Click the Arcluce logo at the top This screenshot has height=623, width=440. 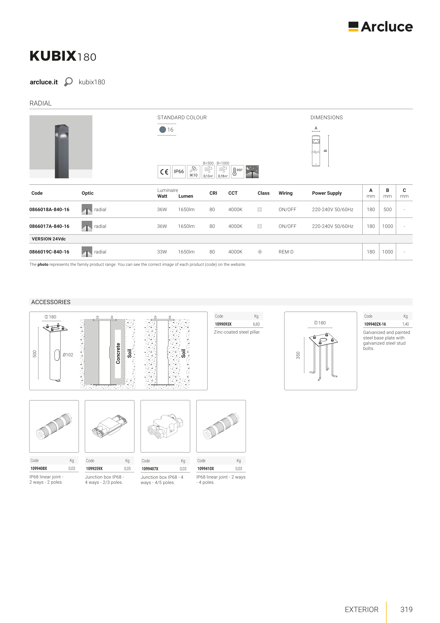(x=380, y=27)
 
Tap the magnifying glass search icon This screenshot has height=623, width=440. (x=68, y=82)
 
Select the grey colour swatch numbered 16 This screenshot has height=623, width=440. (x=163, y=130)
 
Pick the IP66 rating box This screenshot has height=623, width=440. (x=179, y=171)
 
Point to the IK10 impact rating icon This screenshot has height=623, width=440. (x=193, y=171)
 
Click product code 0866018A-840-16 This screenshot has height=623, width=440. (x=49, y=210)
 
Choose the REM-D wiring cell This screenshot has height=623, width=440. (x=286, y=252)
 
